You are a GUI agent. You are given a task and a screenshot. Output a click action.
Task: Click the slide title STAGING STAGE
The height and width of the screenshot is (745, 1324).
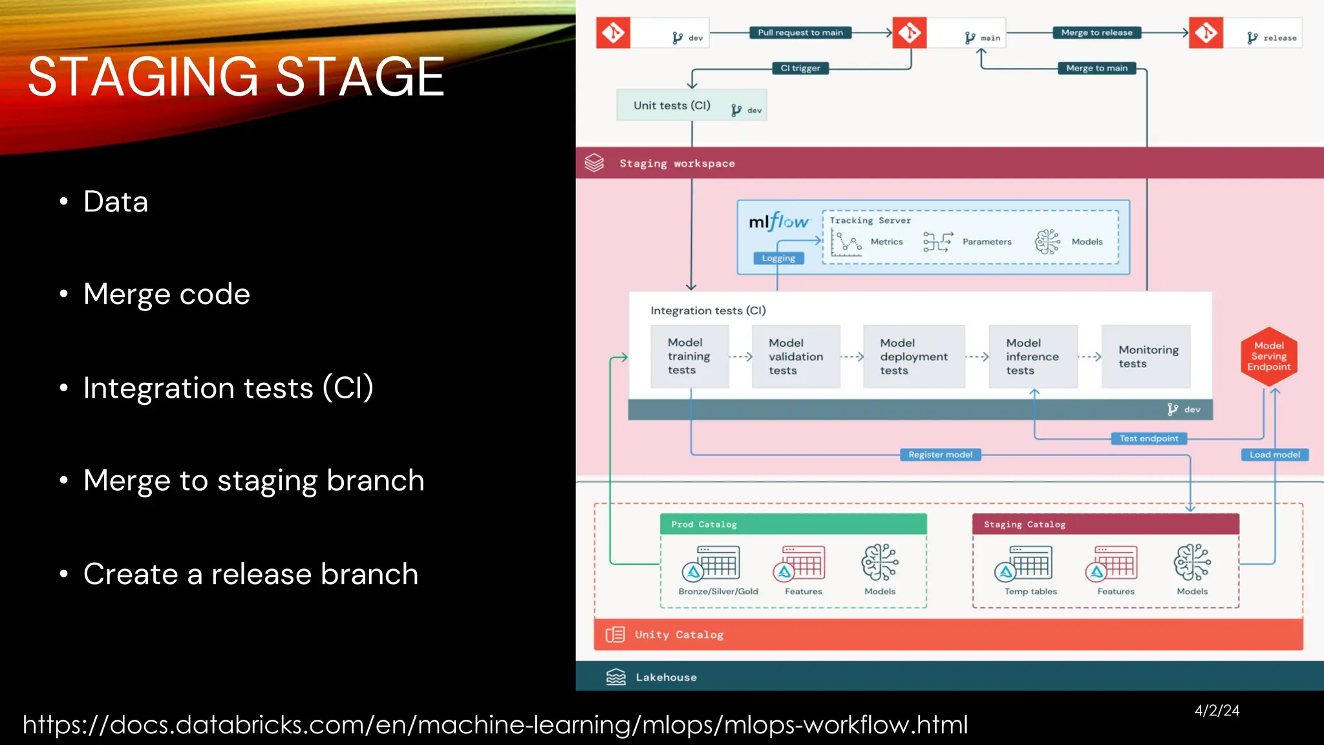(x=236, y=78)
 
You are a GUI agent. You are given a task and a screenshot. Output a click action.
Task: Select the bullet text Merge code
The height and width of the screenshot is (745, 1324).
(x=166, y=294)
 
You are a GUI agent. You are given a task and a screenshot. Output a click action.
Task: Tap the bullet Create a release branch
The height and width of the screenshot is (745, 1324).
(x=251, y=574)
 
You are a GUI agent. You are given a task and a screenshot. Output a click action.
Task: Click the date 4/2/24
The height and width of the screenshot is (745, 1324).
(x=1217, y=711)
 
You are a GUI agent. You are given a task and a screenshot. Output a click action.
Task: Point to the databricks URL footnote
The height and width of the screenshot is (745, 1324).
(x=495, y=725)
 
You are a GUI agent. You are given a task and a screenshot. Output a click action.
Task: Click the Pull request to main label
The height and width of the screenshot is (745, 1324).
(x=800, y=32)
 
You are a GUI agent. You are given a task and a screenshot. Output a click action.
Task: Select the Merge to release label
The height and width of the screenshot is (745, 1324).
(x=1096, y=32)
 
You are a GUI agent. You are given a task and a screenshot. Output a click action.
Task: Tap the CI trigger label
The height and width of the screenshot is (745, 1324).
(x=800, y=68)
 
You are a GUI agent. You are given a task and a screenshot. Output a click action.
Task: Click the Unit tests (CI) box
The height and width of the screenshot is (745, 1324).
(x=691, y=105)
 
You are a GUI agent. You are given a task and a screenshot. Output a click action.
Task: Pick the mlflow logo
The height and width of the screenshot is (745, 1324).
(x=778, y=222)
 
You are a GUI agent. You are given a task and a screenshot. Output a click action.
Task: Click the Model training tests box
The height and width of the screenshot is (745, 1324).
(x=689, y=356)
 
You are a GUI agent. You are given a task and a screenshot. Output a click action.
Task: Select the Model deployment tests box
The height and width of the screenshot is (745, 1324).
(x=913, y=356)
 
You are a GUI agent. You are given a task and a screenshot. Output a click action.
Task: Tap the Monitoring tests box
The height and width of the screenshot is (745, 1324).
(x=1146, y=356)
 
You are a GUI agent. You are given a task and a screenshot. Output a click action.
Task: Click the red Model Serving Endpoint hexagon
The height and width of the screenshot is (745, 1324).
(x=1269, y=356)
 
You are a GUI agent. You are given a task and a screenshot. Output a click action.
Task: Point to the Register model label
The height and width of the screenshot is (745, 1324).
(x=940, y=455)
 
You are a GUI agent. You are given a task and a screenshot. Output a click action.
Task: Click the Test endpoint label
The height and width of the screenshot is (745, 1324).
(x=1148, y=438)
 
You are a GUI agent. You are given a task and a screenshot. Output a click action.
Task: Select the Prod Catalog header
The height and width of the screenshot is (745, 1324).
(x=793, y=524)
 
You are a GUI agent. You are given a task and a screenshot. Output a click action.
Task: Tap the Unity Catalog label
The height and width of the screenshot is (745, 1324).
(x=678, y=635)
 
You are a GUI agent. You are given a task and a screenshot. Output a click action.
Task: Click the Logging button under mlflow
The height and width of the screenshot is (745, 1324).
(x=778, y=258)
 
